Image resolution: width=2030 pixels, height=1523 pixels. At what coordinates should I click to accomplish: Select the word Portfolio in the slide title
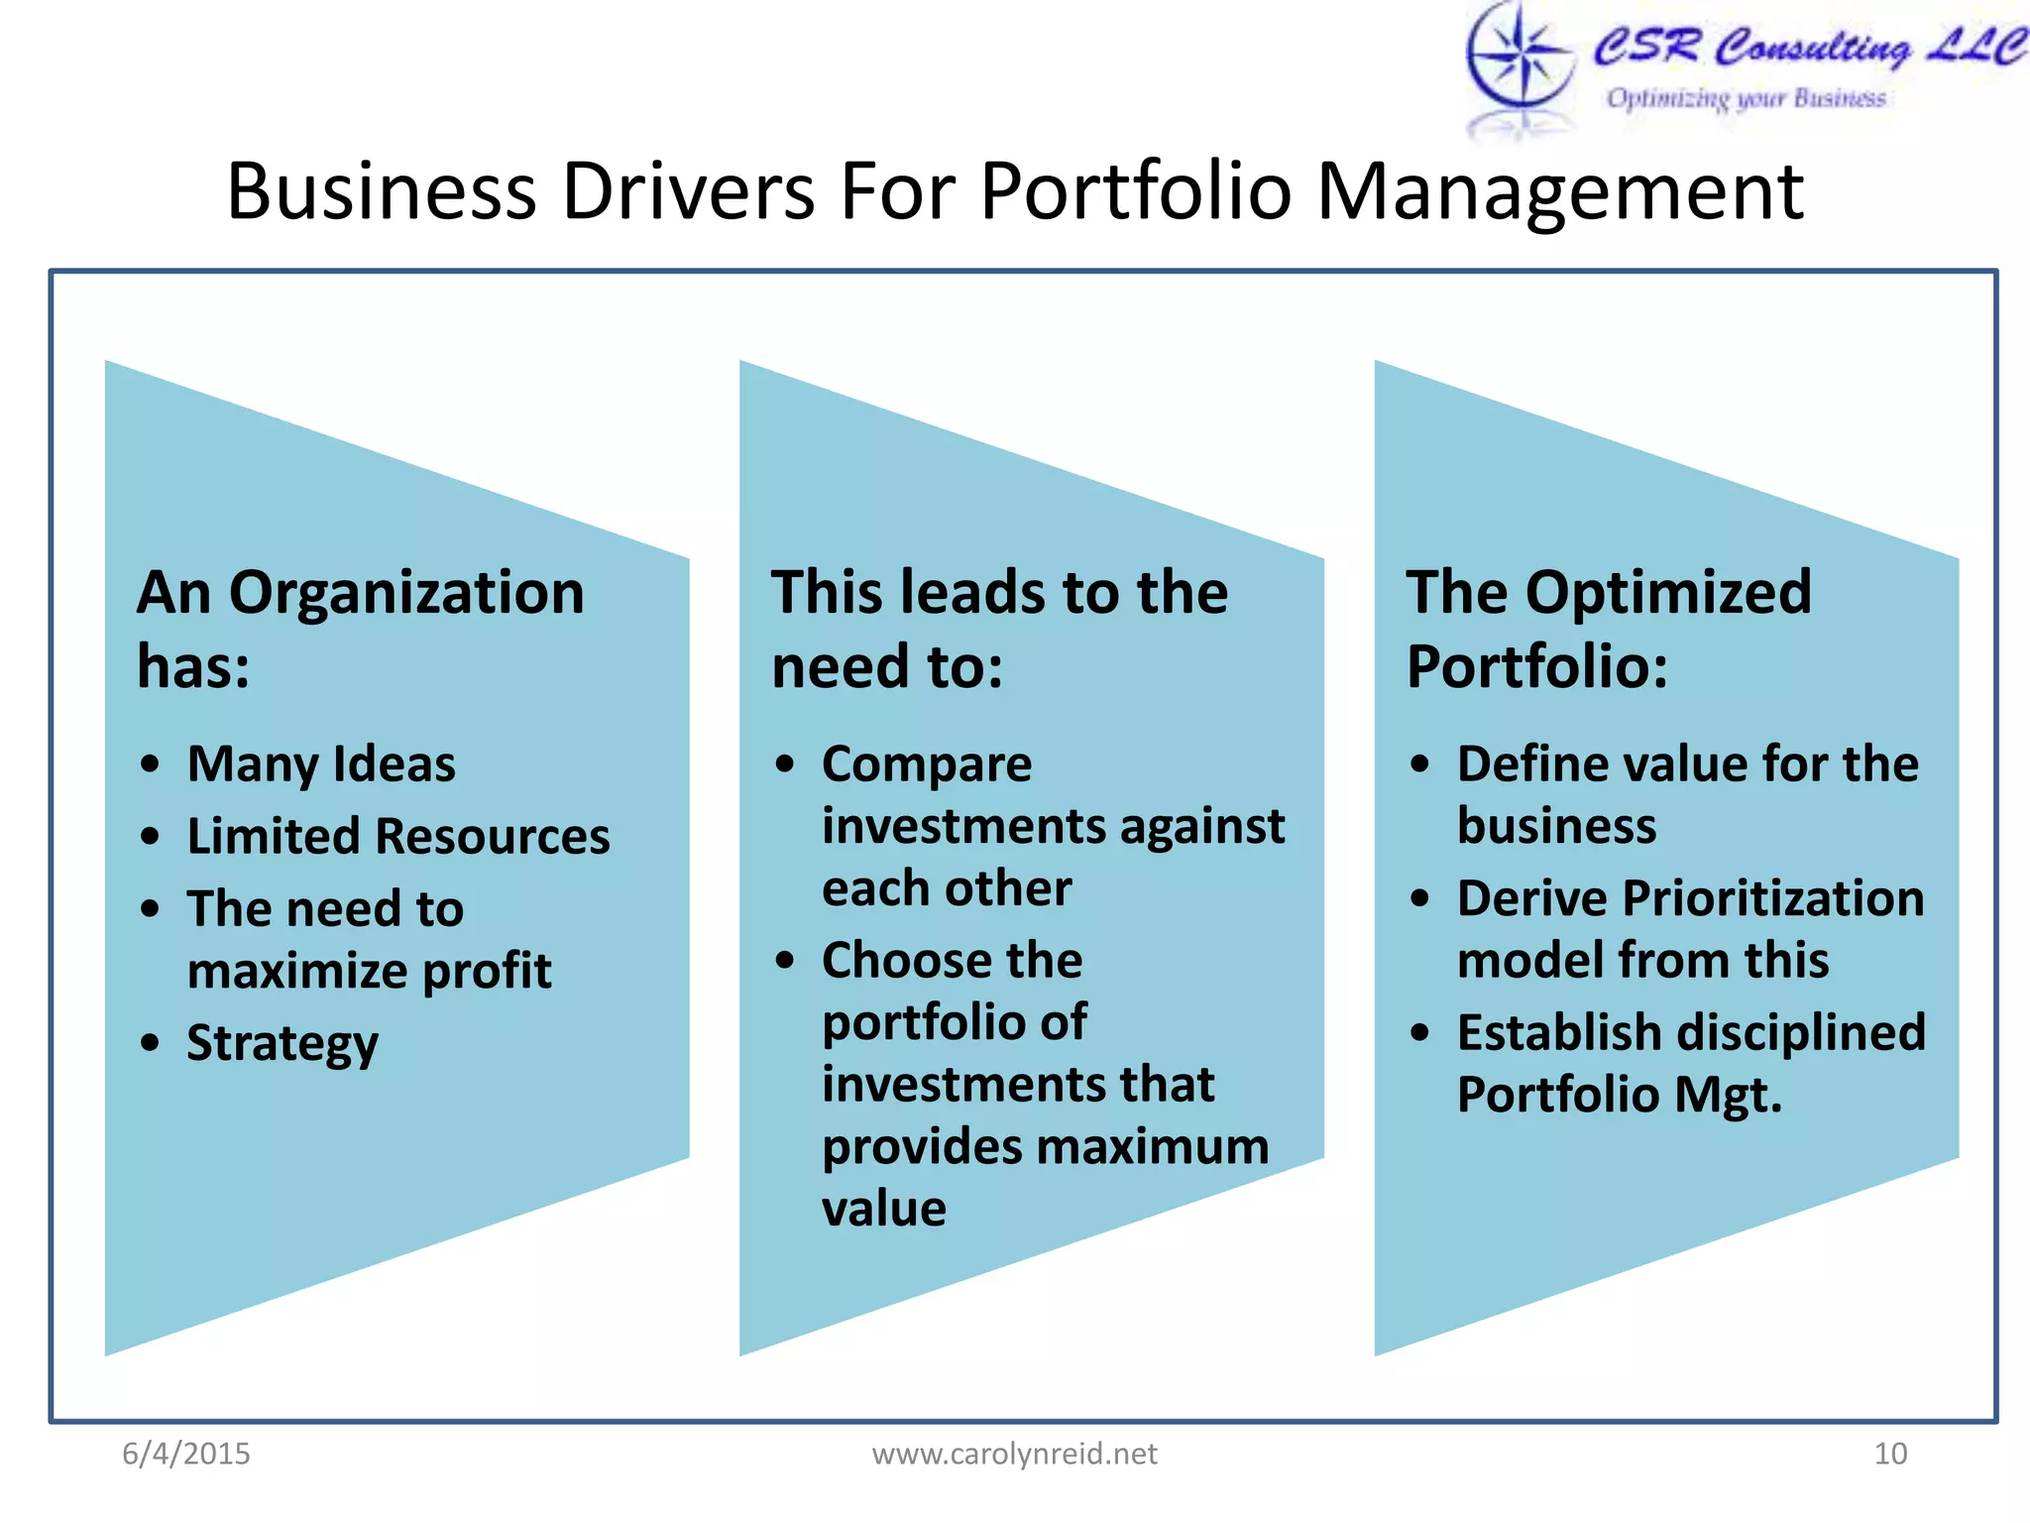pos(1135,191)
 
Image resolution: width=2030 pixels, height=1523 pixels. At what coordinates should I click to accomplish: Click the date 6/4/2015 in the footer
pos(186,1454)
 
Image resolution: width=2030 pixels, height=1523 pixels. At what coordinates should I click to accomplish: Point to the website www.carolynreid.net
pos(1014,1454)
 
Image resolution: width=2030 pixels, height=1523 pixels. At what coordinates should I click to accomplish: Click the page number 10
pos(1890,1454)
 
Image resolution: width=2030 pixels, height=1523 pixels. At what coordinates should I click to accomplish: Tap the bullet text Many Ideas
pos(321,764)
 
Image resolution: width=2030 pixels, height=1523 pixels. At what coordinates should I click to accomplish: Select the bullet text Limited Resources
pos(398,837)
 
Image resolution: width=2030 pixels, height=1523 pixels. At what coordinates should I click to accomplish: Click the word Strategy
pos(282,1044)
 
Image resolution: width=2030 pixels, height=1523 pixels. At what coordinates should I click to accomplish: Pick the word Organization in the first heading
pos(406,593)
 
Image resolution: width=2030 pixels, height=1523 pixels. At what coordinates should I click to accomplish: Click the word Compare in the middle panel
pos(927,764)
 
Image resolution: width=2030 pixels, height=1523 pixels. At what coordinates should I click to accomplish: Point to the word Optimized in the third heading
pos(1668,593)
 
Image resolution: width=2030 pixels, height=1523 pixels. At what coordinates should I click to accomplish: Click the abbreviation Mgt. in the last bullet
pos(1729,1096)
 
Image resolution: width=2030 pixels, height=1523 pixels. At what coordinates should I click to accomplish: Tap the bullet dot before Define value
pos(1420,764)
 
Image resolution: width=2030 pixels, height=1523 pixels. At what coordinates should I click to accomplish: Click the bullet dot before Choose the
pos(785,961)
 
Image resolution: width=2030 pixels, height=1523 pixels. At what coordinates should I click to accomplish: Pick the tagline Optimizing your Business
pos(1746,98)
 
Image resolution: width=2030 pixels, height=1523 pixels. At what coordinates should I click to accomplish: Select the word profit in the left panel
pos(487,972)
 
